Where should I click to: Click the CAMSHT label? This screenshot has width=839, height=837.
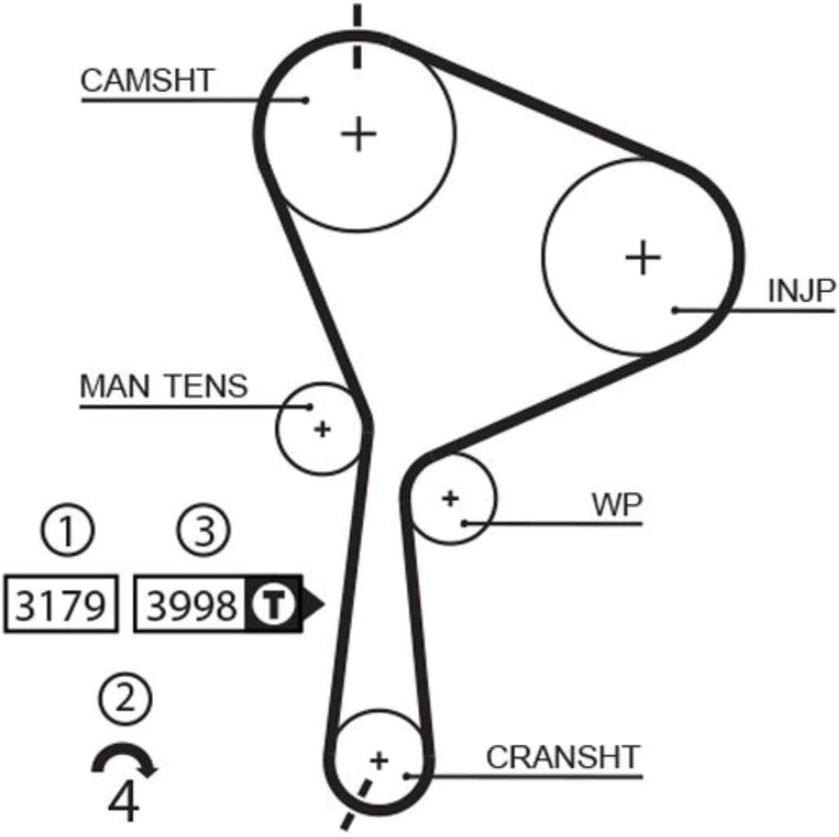pos(147,80)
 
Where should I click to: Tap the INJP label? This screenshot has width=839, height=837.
pos(801,291)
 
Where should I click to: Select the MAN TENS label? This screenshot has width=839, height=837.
pos(164,386)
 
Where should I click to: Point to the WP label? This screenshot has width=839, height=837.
pos(616,504)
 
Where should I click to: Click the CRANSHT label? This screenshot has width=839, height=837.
pos(563,757)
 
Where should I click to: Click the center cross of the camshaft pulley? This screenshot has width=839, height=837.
pos(358,134)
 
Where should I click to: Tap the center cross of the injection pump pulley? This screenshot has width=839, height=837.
pos(643,257)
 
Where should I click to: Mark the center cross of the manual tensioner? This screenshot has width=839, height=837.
pos(322,429)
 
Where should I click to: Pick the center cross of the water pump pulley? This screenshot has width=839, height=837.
pos(451,498)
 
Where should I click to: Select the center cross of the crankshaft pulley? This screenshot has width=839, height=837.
pos(379,760)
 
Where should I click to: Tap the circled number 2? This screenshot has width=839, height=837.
pos(126,699)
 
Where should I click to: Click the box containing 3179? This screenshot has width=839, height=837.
pos(61,604)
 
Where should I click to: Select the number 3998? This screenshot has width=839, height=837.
pos(192,606)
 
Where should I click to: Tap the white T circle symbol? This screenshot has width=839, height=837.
pos(273,605)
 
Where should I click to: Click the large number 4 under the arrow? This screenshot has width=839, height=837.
pos(124,801)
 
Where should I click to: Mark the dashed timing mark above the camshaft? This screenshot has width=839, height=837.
pos(357,36)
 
